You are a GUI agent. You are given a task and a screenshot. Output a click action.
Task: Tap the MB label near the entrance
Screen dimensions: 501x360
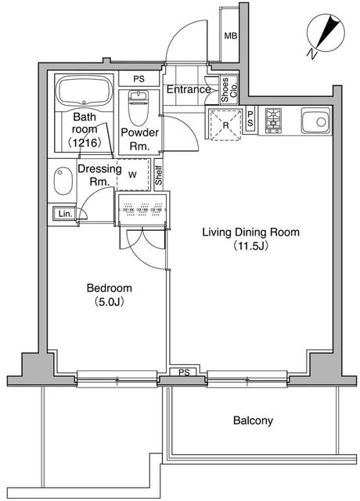[231, 36]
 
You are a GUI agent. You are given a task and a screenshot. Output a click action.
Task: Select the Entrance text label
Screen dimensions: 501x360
[189, 89]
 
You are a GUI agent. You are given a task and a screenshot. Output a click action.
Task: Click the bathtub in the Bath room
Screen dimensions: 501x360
[84, 91]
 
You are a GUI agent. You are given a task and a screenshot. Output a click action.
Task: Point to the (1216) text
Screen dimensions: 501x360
[84, 143]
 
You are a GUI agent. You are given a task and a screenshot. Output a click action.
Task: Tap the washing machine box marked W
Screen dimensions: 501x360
[131, 175]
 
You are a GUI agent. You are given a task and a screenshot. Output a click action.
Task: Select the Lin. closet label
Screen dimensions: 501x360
[63, 214]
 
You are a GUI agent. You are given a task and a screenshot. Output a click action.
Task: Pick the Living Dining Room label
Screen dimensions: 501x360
[250, 232]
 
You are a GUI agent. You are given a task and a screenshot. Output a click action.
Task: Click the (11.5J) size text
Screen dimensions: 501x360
[250, 246]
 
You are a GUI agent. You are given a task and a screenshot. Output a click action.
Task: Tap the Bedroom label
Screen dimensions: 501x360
[108, 288]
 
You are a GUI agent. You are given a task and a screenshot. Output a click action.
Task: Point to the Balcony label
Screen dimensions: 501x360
[253, 420]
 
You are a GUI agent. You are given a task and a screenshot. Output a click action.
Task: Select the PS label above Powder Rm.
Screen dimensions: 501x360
[138, 79]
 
